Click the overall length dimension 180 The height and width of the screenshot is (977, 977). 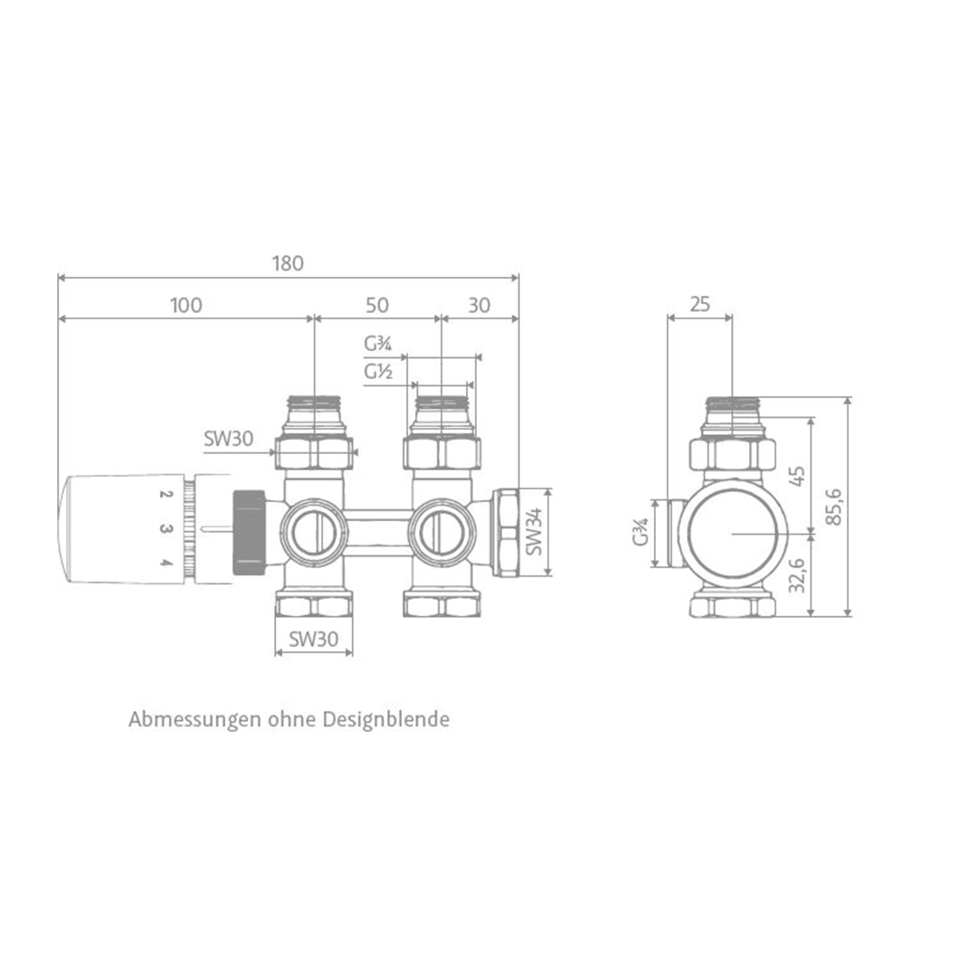coord(288,264)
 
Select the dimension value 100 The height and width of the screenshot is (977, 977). coord(185,306)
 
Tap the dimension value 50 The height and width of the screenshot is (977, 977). coord(377,306)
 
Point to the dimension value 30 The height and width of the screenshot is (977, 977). coord(479,306)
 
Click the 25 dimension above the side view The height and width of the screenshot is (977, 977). coord(699,305)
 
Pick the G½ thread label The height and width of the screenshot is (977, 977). coord(378,372)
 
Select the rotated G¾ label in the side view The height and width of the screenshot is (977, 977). coord(640,532)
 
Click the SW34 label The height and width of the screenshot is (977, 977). coord(534,532)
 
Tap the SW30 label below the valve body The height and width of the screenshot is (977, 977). coord(313,639)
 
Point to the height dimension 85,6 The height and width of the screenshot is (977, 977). coord(834,507)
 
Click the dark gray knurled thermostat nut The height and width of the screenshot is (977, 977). coord(249,532)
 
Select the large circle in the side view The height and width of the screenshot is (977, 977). coord(732,534)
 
